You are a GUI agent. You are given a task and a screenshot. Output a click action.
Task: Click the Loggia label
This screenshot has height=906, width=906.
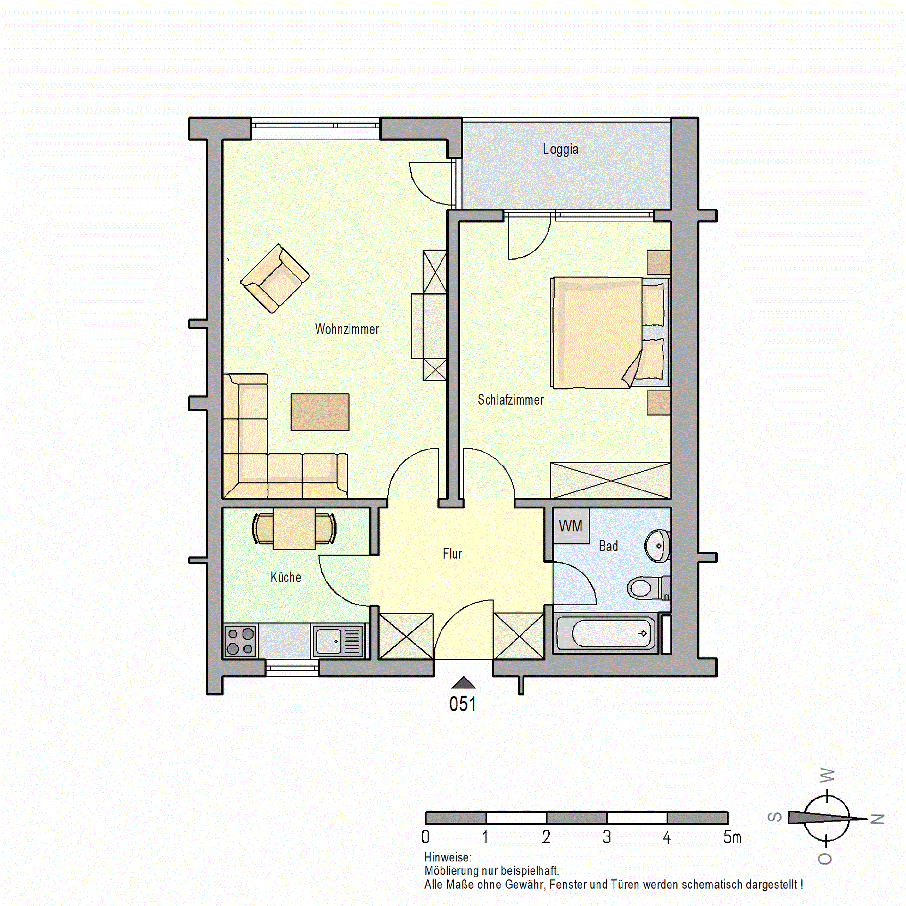pyautogui.click(x=560, y=149)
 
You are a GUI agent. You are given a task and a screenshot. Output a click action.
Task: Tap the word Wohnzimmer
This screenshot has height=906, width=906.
pyautogui.click(x=347, y=329)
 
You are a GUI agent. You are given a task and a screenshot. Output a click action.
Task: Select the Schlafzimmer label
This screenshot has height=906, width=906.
pyautogui.click(x=511, y=400)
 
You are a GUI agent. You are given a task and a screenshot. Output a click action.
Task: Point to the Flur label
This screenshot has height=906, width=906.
pyautogui.click(x=453, y=554)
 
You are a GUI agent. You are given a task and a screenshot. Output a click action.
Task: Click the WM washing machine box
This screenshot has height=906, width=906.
pyautogui.click(x=571, y=526)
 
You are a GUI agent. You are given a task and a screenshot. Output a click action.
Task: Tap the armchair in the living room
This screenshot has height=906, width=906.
pyautogui.click(x=275, y=278)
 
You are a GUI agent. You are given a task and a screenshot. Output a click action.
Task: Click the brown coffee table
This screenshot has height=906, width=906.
pyautogui.click(x=320, y=412)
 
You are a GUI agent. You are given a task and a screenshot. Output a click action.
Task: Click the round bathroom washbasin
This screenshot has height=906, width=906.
pyautogui.click(x=658, y=545)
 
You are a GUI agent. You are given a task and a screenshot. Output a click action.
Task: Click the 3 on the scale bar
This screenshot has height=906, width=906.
pyautogui.click(x=607, y=836)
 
